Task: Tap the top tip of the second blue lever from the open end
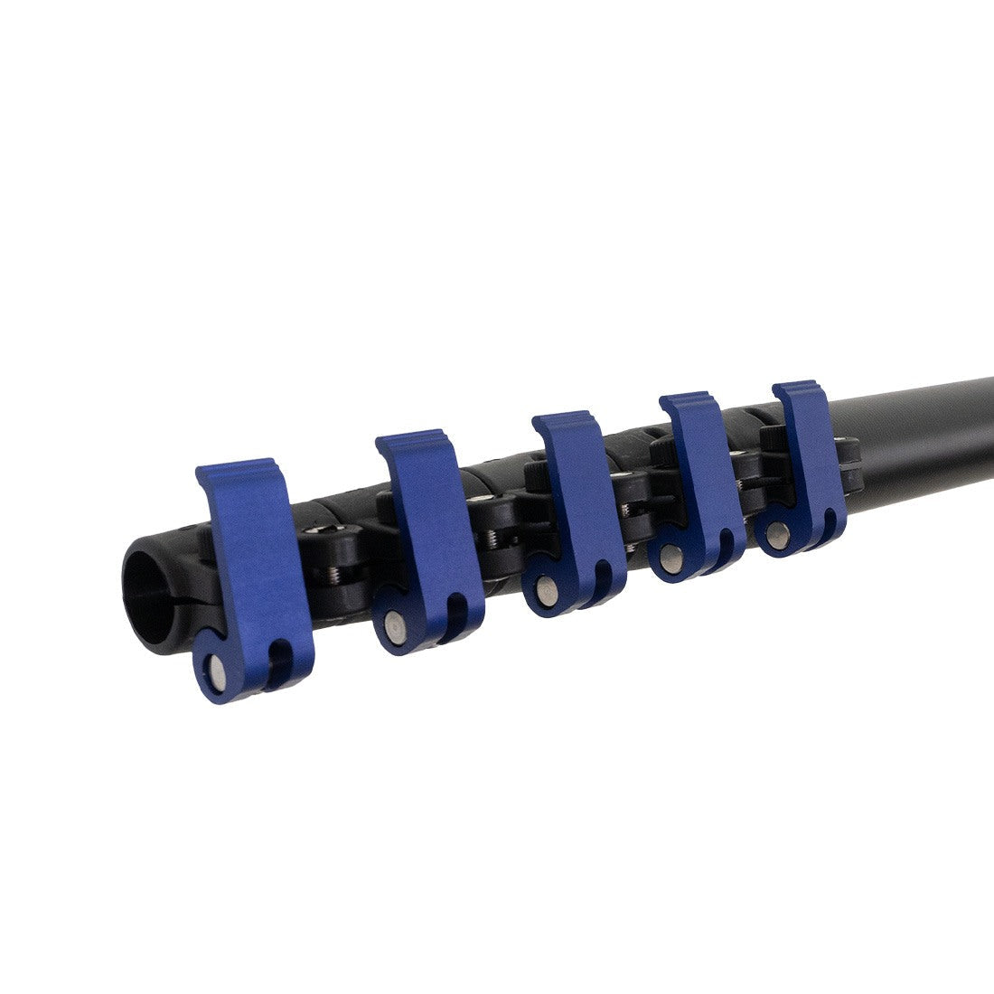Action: click(x=412, y=441)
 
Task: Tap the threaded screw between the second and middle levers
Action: click(x=493, y=539)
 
